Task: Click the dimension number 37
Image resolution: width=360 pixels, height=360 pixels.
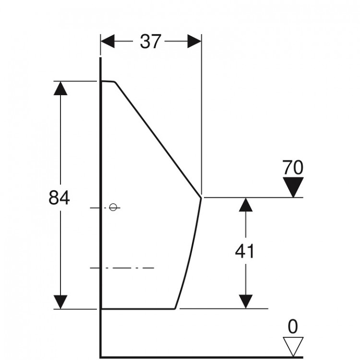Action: coord(150,42)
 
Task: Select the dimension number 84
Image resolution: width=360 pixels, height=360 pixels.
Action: coord(59,198)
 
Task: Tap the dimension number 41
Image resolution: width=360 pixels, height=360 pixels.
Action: coord(245,251)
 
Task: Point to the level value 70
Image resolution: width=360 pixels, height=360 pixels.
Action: coord(293,168)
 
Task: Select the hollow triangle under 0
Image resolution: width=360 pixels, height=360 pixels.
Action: coord(293,347)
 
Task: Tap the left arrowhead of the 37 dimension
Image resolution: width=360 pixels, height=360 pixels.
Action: coord(108,41)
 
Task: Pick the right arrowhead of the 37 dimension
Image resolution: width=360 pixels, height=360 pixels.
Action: coord(194,41)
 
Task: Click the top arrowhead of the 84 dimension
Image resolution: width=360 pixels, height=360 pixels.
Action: coord(60,88)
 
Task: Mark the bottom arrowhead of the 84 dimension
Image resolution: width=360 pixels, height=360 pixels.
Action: coord(60,302)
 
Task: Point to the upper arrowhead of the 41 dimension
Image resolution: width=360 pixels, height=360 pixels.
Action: coord(246,205)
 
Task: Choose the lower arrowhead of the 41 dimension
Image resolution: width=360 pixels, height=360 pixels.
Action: coord(246,302)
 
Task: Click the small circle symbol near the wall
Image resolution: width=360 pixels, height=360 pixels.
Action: coord(112,207)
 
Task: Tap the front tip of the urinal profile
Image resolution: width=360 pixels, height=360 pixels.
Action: coord(201,197)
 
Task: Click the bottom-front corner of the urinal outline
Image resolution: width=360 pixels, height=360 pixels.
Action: coord(175,309)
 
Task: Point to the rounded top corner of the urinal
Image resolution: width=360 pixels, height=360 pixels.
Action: coord(115,82)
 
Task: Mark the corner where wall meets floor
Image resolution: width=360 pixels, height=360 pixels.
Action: coord(101,357)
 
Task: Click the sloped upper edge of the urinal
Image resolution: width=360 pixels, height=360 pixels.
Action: coord(158,140)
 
